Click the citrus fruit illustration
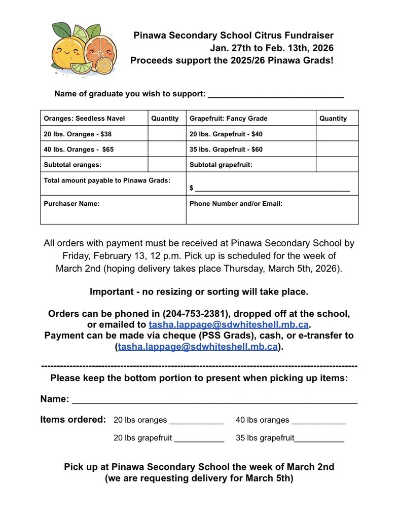pos(84,49)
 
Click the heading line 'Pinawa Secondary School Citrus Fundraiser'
pos(233,35)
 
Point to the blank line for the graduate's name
pos(276,94)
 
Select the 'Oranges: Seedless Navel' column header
pos(84,119)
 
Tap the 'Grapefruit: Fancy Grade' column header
pos(228,119)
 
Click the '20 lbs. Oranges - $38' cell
pos(78,134)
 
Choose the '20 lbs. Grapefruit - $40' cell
pos(226,134)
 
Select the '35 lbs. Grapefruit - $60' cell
pos(226,150)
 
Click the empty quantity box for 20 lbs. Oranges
pos(167,134)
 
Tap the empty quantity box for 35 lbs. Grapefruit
pos(337,150)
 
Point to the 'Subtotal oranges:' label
pos(72,165)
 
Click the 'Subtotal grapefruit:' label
pos(221,165)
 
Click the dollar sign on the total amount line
pos(192,188)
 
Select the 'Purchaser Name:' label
pos(71,204)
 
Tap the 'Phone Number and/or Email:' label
pos(236,204)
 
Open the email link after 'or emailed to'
pos(228,324)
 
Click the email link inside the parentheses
pos(198,347)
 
